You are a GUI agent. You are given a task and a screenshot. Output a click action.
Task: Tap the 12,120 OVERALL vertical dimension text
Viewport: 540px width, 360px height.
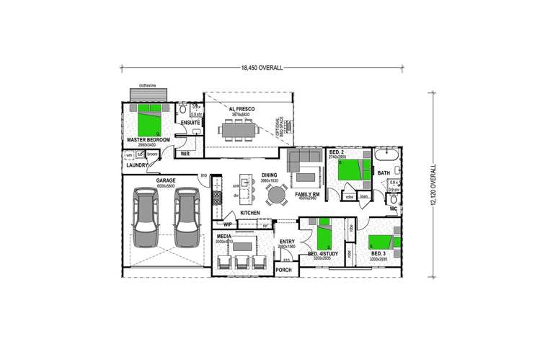(x=433, y=185)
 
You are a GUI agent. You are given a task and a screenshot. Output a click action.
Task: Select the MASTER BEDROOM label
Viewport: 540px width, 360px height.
(x=149, y=139)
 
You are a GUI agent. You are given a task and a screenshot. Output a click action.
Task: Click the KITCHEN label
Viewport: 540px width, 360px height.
(x=250, y=214)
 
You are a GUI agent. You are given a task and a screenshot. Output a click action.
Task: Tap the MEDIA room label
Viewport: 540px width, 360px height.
(x=224, y=236)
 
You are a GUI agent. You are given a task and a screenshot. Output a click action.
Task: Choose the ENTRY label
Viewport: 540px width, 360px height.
(x=288, y=242)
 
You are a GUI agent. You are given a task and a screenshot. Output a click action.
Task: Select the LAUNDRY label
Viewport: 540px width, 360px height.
(x=137, y=166)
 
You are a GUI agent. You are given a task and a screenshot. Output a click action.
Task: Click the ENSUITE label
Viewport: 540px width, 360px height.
(x=190, y=123)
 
